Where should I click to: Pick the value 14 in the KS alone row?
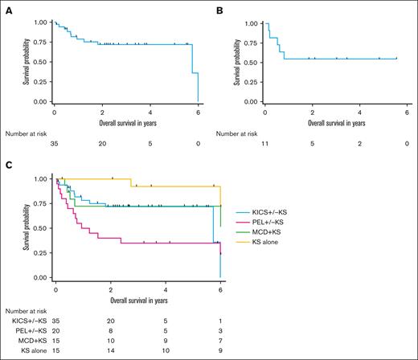[x=109, y=350]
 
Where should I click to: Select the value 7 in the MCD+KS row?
[x=219, y=339]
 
